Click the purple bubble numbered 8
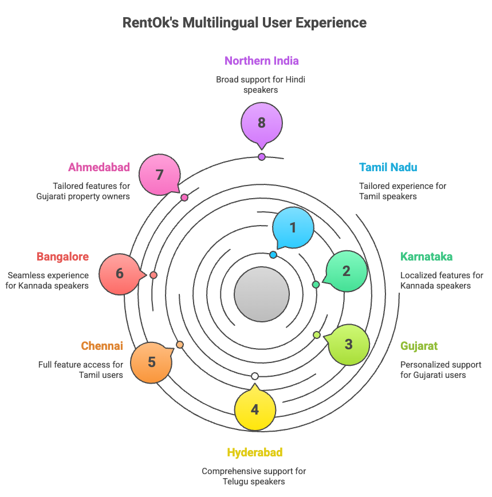[262, 123]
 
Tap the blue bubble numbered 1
[293, 227]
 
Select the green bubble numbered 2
[347, 271]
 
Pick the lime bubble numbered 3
[348, 345]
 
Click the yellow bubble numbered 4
[255, 409]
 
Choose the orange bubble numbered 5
[151, 362]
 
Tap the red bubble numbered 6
[160, 175]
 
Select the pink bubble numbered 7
[120, 274]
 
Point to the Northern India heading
[261, 61]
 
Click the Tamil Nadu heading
[388, 168]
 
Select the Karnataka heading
[426, 257]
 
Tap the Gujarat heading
[419, 346]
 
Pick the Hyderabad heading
[255, 453]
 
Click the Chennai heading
[102, 346]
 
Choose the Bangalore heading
[63, 257]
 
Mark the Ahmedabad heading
[99, 168]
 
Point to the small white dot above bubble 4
[255, 376]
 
